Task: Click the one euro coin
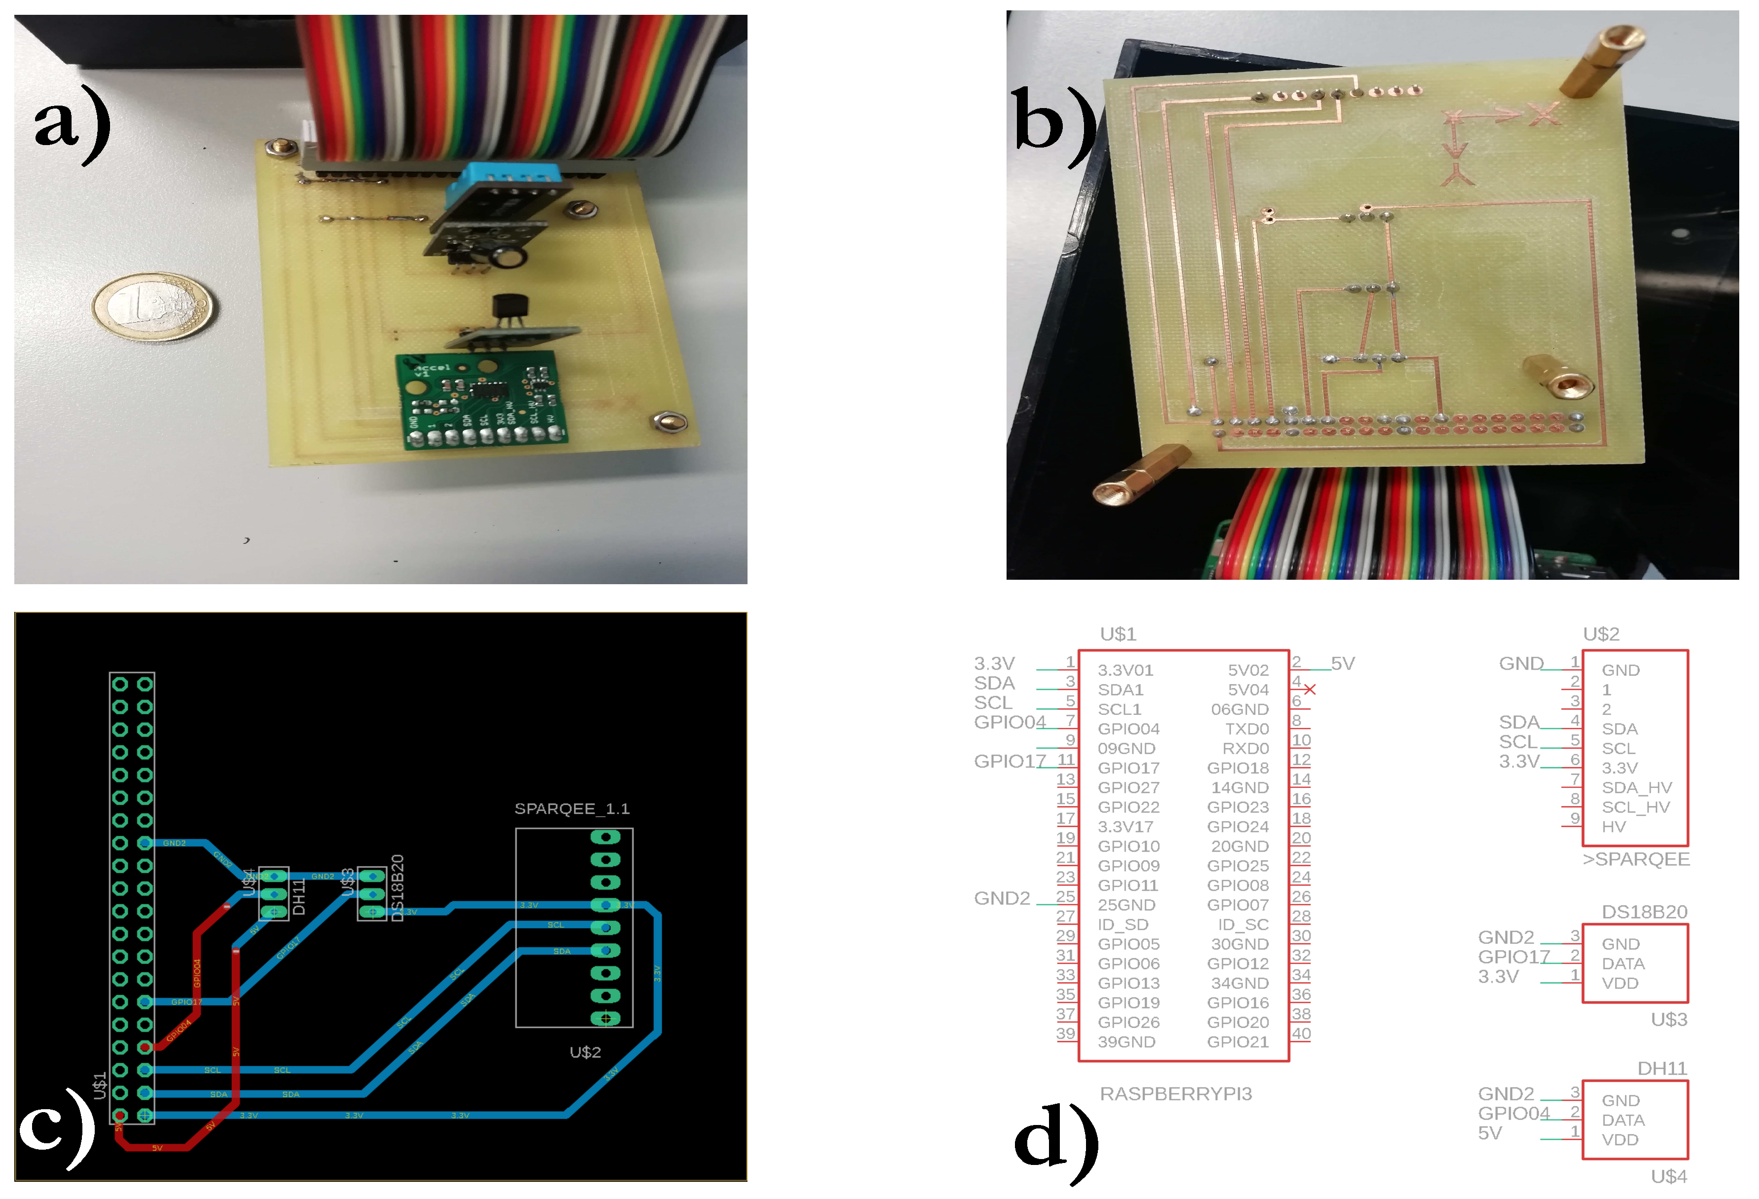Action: (153, 306)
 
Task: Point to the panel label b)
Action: (1052, 121)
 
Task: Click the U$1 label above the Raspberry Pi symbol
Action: (1118, 634)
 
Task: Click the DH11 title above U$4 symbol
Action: (1662, 1068)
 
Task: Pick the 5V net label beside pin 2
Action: (1343, 663)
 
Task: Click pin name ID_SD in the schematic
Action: (1123, 924)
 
